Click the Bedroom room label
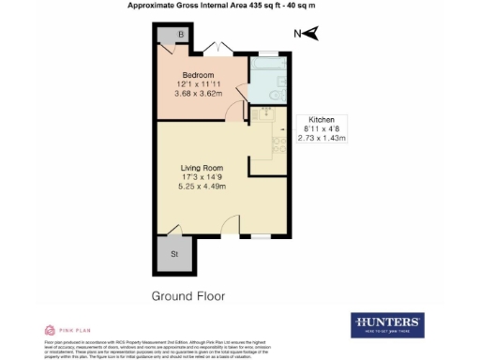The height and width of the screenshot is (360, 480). click(x=198, y=75)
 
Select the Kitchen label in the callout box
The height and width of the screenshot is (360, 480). click(x=322, y=120)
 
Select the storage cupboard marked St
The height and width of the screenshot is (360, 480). click(x=174, y=253)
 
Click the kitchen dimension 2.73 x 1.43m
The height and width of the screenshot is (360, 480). click(x=322, y=139)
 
